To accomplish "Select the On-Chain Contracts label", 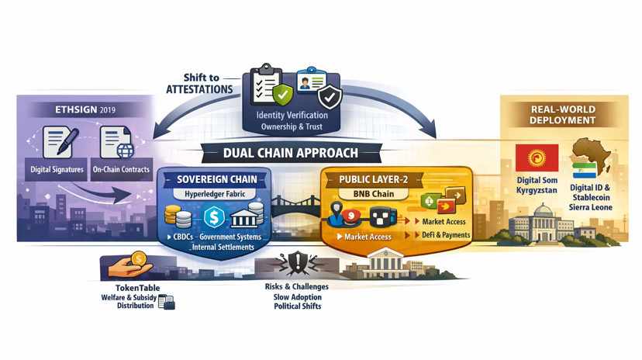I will coord(121,169).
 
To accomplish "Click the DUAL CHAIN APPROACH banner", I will coord(291,153).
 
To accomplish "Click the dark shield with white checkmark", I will coord(330,97).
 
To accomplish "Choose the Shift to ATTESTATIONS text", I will coord(200,84).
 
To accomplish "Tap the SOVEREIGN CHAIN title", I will coord(216,179).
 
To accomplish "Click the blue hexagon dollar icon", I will coord(214,217).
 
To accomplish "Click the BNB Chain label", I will coord(374,194).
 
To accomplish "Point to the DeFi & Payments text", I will coord(446,234).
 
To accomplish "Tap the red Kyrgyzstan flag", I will coord(537,158).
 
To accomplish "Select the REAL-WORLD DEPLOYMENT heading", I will coord(563,115).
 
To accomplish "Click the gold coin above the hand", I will coord(139,259).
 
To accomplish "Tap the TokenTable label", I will coord(137,288).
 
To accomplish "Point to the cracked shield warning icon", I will coord(297,263).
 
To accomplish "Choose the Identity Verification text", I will coord(292,115).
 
